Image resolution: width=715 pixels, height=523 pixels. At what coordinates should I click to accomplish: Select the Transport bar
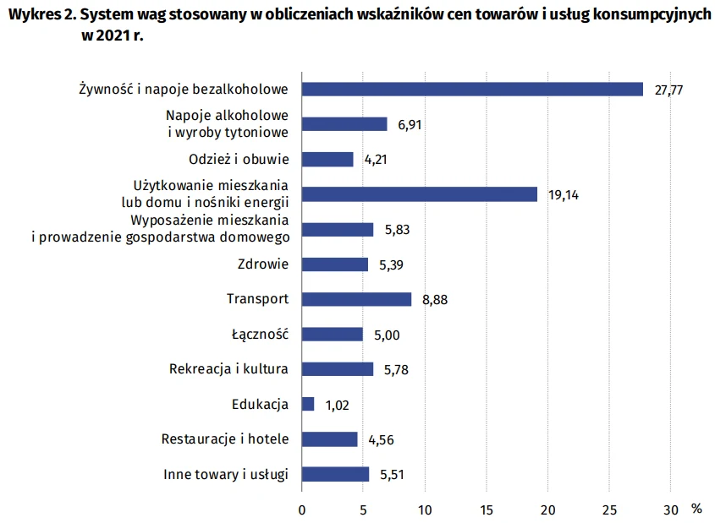pyautogui.click(x=356, y=299)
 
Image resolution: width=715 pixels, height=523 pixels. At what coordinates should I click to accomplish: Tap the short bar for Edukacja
pyautogui.click(x=308, y=404)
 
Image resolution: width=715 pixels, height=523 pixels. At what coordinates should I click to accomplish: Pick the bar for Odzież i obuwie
pyautogui.click(x=327, y=159)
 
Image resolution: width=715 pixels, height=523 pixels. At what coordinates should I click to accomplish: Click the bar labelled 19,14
pyautogui.click(x=420, y=194)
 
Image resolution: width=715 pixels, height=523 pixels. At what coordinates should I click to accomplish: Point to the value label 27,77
pyautogui.click(x=668, y=90)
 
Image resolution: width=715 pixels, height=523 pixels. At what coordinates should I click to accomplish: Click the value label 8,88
pyautogui.click(x=435, y=300)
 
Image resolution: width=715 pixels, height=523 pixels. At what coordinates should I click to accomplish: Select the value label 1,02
pyautogui.click(x=337, y=405)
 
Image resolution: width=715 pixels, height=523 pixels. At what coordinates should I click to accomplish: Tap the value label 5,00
pyautogui.click(x=386, y=335)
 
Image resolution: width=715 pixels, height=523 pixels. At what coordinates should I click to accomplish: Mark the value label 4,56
pyautogui.click(x=381, y=439)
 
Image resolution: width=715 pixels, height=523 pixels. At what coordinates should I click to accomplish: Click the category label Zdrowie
pyautogui.click(x=263, y=264)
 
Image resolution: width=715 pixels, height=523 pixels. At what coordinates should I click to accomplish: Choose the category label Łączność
pyautogui.click(x=260, y=334)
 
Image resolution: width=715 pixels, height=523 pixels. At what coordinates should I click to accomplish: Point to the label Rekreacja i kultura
pyautogui.click(x=228, y=369)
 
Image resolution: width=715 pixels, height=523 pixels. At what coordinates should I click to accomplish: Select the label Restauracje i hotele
pyautogui.click(x=225, y=439)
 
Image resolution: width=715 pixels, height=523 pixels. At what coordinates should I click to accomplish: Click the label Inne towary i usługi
pyautogui.click(x=226, y=474)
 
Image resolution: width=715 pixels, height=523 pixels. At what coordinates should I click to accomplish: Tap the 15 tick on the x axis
pyautogui.click(x=486, y=509)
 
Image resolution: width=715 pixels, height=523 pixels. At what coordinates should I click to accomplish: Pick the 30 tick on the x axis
pyautogui.click(x=670, y=509)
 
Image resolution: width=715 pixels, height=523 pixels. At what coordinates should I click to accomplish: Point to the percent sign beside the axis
pyautogui.click(x=696, y=509)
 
